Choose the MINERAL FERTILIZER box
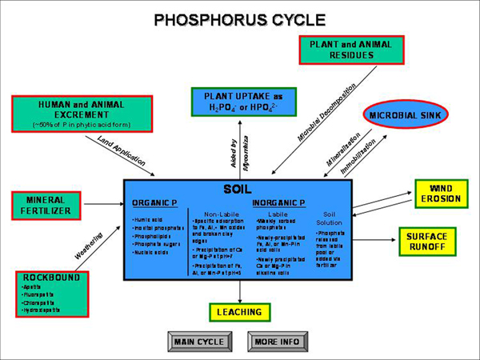pos(49,205)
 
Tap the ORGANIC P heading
pos(155,203)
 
